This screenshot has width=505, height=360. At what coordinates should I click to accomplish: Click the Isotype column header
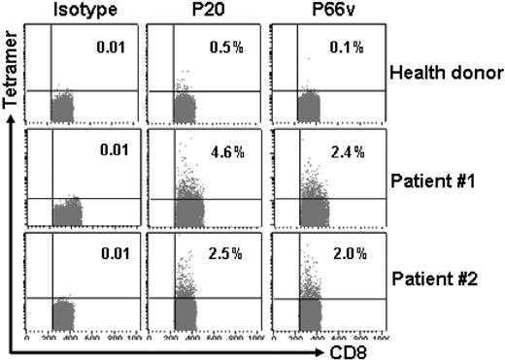[73, 11]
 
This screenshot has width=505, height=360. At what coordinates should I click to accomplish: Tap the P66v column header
[321, 11]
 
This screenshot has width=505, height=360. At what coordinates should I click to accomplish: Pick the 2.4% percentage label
[348, 152]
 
